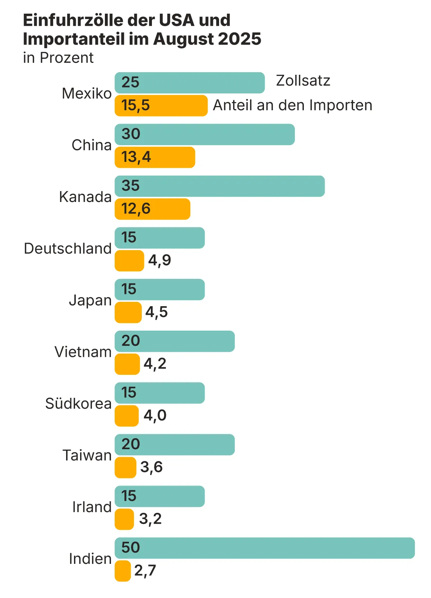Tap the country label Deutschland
pos(68,248)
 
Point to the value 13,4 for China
pos(136,157)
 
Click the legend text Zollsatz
pos(303,80)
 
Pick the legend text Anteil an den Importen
pos(292,105)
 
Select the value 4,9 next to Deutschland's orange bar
pos(159,260)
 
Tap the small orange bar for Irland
pos(124,519)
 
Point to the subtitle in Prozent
pos(58,57)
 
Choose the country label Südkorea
pos(78,404)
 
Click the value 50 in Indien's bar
pos(130,547)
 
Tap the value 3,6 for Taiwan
pos(151,467)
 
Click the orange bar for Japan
pos(128,312)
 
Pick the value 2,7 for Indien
pos(145,570)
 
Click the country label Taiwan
pos(87,455)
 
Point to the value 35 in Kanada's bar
pos(130,186)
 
